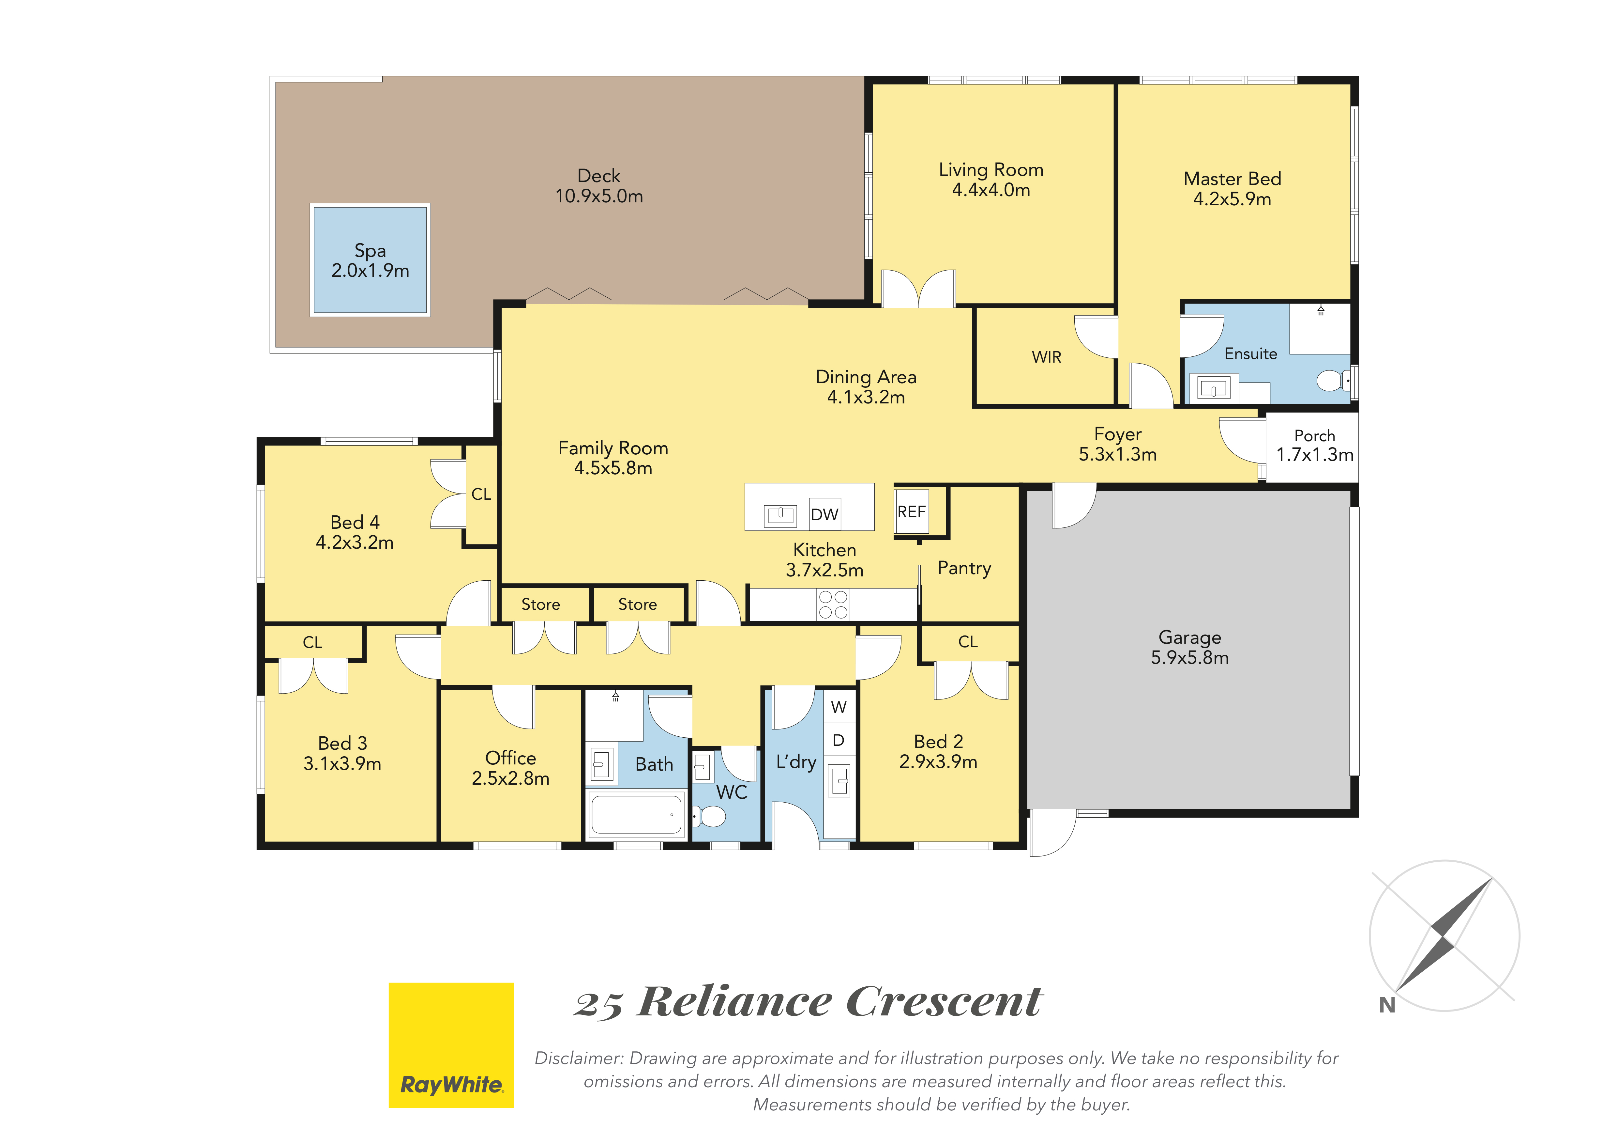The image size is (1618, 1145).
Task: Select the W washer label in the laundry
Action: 839,707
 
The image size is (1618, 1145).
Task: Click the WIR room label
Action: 1047,357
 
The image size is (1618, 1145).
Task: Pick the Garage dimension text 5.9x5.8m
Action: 1189,658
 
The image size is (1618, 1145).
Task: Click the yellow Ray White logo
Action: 451,1045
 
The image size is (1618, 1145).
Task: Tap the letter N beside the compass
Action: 1387,1005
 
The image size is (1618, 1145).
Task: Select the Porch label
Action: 1314,436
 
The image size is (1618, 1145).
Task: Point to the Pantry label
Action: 964,568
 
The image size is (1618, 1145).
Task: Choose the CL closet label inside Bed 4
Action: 481,494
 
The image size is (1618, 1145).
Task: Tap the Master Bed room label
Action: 1232,179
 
